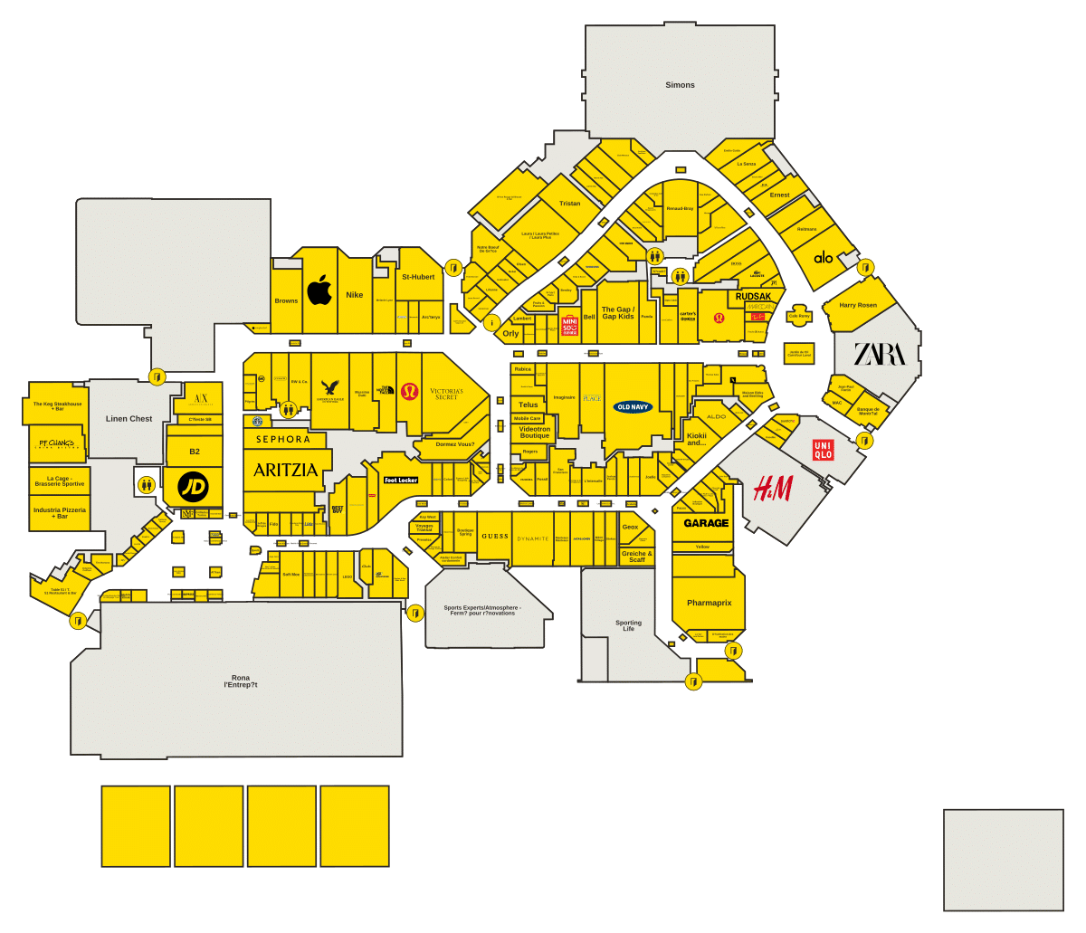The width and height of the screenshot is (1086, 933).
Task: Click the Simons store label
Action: (680, 85)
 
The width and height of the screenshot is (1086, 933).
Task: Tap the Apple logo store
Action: (319, 290)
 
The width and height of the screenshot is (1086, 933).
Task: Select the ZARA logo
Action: (879, 354)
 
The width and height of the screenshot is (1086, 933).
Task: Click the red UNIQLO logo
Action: (823, 450)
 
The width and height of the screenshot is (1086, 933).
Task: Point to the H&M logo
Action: (773, 490)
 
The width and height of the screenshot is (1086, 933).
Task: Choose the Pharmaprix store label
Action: (709, 603)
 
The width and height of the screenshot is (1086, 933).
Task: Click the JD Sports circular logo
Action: (193, 487)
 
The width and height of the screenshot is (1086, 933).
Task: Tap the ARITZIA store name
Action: (285, 470)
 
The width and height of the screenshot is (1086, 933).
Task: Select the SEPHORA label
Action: (282, 440)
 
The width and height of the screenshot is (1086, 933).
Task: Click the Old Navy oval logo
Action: (633, 407)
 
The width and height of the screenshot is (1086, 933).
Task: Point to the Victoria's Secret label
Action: (446, 395)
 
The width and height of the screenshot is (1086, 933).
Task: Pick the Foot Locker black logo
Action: (401, 480)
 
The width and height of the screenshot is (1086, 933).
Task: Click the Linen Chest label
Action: (129, 419)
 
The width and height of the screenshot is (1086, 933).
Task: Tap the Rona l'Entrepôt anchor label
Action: (241, 681)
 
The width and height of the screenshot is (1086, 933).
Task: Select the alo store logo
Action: (823, 258)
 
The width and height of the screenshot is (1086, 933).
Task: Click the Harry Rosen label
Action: (858, 305)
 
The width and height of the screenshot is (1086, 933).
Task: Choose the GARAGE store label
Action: (706, 523)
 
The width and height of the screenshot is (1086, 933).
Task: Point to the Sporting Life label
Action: (628, 625)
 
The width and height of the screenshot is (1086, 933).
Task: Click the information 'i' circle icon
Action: (492, 323)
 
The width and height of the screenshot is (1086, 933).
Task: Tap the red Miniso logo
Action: (569, 326)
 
